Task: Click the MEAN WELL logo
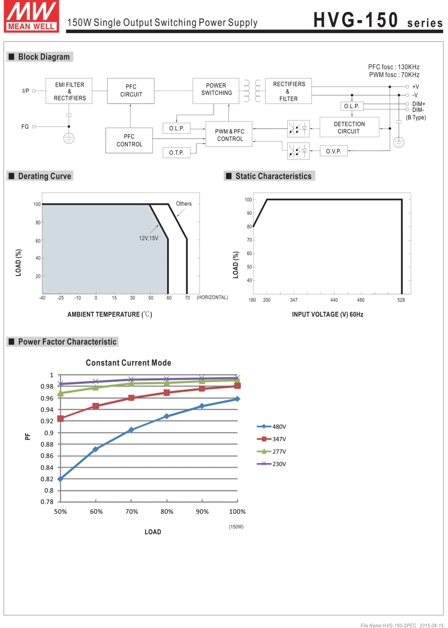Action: (x=31, y=17)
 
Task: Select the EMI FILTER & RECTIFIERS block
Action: (x=69, y=91)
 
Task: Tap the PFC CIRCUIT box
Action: (x=131, y=91)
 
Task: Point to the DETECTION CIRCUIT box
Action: (x=349, y=128)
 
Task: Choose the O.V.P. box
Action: (x=333, y=151)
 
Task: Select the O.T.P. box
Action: (x=177, y=153)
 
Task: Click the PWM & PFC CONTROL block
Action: (x=229, y=134)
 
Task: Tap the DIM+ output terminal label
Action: (x=418, y=104)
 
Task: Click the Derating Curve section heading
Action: (x=44, y=176)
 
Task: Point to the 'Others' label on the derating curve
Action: (x=184, y=204)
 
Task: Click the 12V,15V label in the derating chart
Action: (x=148, y=238)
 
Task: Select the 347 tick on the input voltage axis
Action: (x=293, y=300)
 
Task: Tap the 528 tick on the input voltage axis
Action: (x=401, y=300)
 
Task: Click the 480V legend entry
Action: (x=271, y=427)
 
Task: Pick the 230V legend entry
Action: (x=271, y=464)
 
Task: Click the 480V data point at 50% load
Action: (x=60, y=479)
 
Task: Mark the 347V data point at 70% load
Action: (x=131, y=398)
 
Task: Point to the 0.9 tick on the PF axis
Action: (x=49, y=433)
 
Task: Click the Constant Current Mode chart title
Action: (x=129, y=363)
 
